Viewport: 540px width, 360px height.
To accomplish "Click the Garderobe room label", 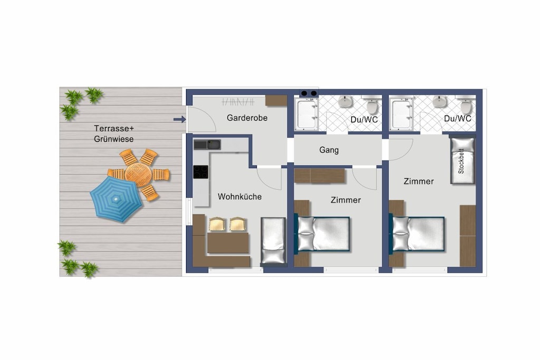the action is pos(247,118).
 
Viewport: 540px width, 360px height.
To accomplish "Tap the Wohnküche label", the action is pos(240,197).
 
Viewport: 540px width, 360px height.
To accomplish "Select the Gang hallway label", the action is pos(329,150).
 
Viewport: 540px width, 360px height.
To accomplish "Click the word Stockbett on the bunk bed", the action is pos(461,161).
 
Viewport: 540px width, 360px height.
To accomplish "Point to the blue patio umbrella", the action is pos(116,199).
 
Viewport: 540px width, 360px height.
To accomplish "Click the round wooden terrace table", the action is pos(138,174).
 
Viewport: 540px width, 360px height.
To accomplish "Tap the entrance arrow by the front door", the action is pos(179,120).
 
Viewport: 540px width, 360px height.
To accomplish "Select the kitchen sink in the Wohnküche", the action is pos(207,144).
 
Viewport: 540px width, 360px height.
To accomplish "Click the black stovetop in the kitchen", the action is pos(200,172).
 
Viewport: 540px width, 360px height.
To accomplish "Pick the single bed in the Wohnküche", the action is pos(273,241).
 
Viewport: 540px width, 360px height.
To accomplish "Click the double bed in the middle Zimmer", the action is pos(323,233).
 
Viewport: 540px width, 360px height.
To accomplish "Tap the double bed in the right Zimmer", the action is pos(418,233).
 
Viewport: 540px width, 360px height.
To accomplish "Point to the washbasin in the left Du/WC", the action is pos(345,102).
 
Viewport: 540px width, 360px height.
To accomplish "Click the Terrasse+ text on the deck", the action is pos(114,129).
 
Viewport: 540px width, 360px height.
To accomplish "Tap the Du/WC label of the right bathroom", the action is pos(457,119).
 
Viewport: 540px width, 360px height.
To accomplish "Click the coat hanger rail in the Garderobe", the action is pos(238,102).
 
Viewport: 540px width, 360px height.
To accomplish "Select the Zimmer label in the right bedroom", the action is pos(418,181).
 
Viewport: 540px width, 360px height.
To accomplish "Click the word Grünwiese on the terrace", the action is pos(114,139).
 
